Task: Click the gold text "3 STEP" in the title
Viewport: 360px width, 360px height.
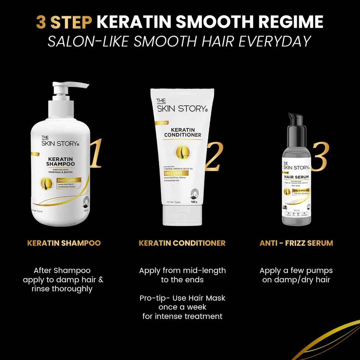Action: tap(64, 22)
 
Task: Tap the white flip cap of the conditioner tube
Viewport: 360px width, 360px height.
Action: tap(182, 215)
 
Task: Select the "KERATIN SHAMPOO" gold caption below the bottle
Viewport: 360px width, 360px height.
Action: tap(64, 243)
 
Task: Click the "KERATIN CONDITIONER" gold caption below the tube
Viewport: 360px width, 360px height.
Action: tap(182, 243)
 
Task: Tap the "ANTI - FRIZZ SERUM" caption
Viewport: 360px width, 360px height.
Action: tap(296, 243)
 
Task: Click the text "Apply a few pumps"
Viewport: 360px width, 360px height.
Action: tap(296, 270)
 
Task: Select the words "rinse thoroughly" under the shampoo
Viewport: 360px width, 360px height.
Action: tap(62, 289)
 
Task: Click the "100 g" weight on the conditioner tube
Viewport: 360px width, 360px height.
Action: tap(193, 202)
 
